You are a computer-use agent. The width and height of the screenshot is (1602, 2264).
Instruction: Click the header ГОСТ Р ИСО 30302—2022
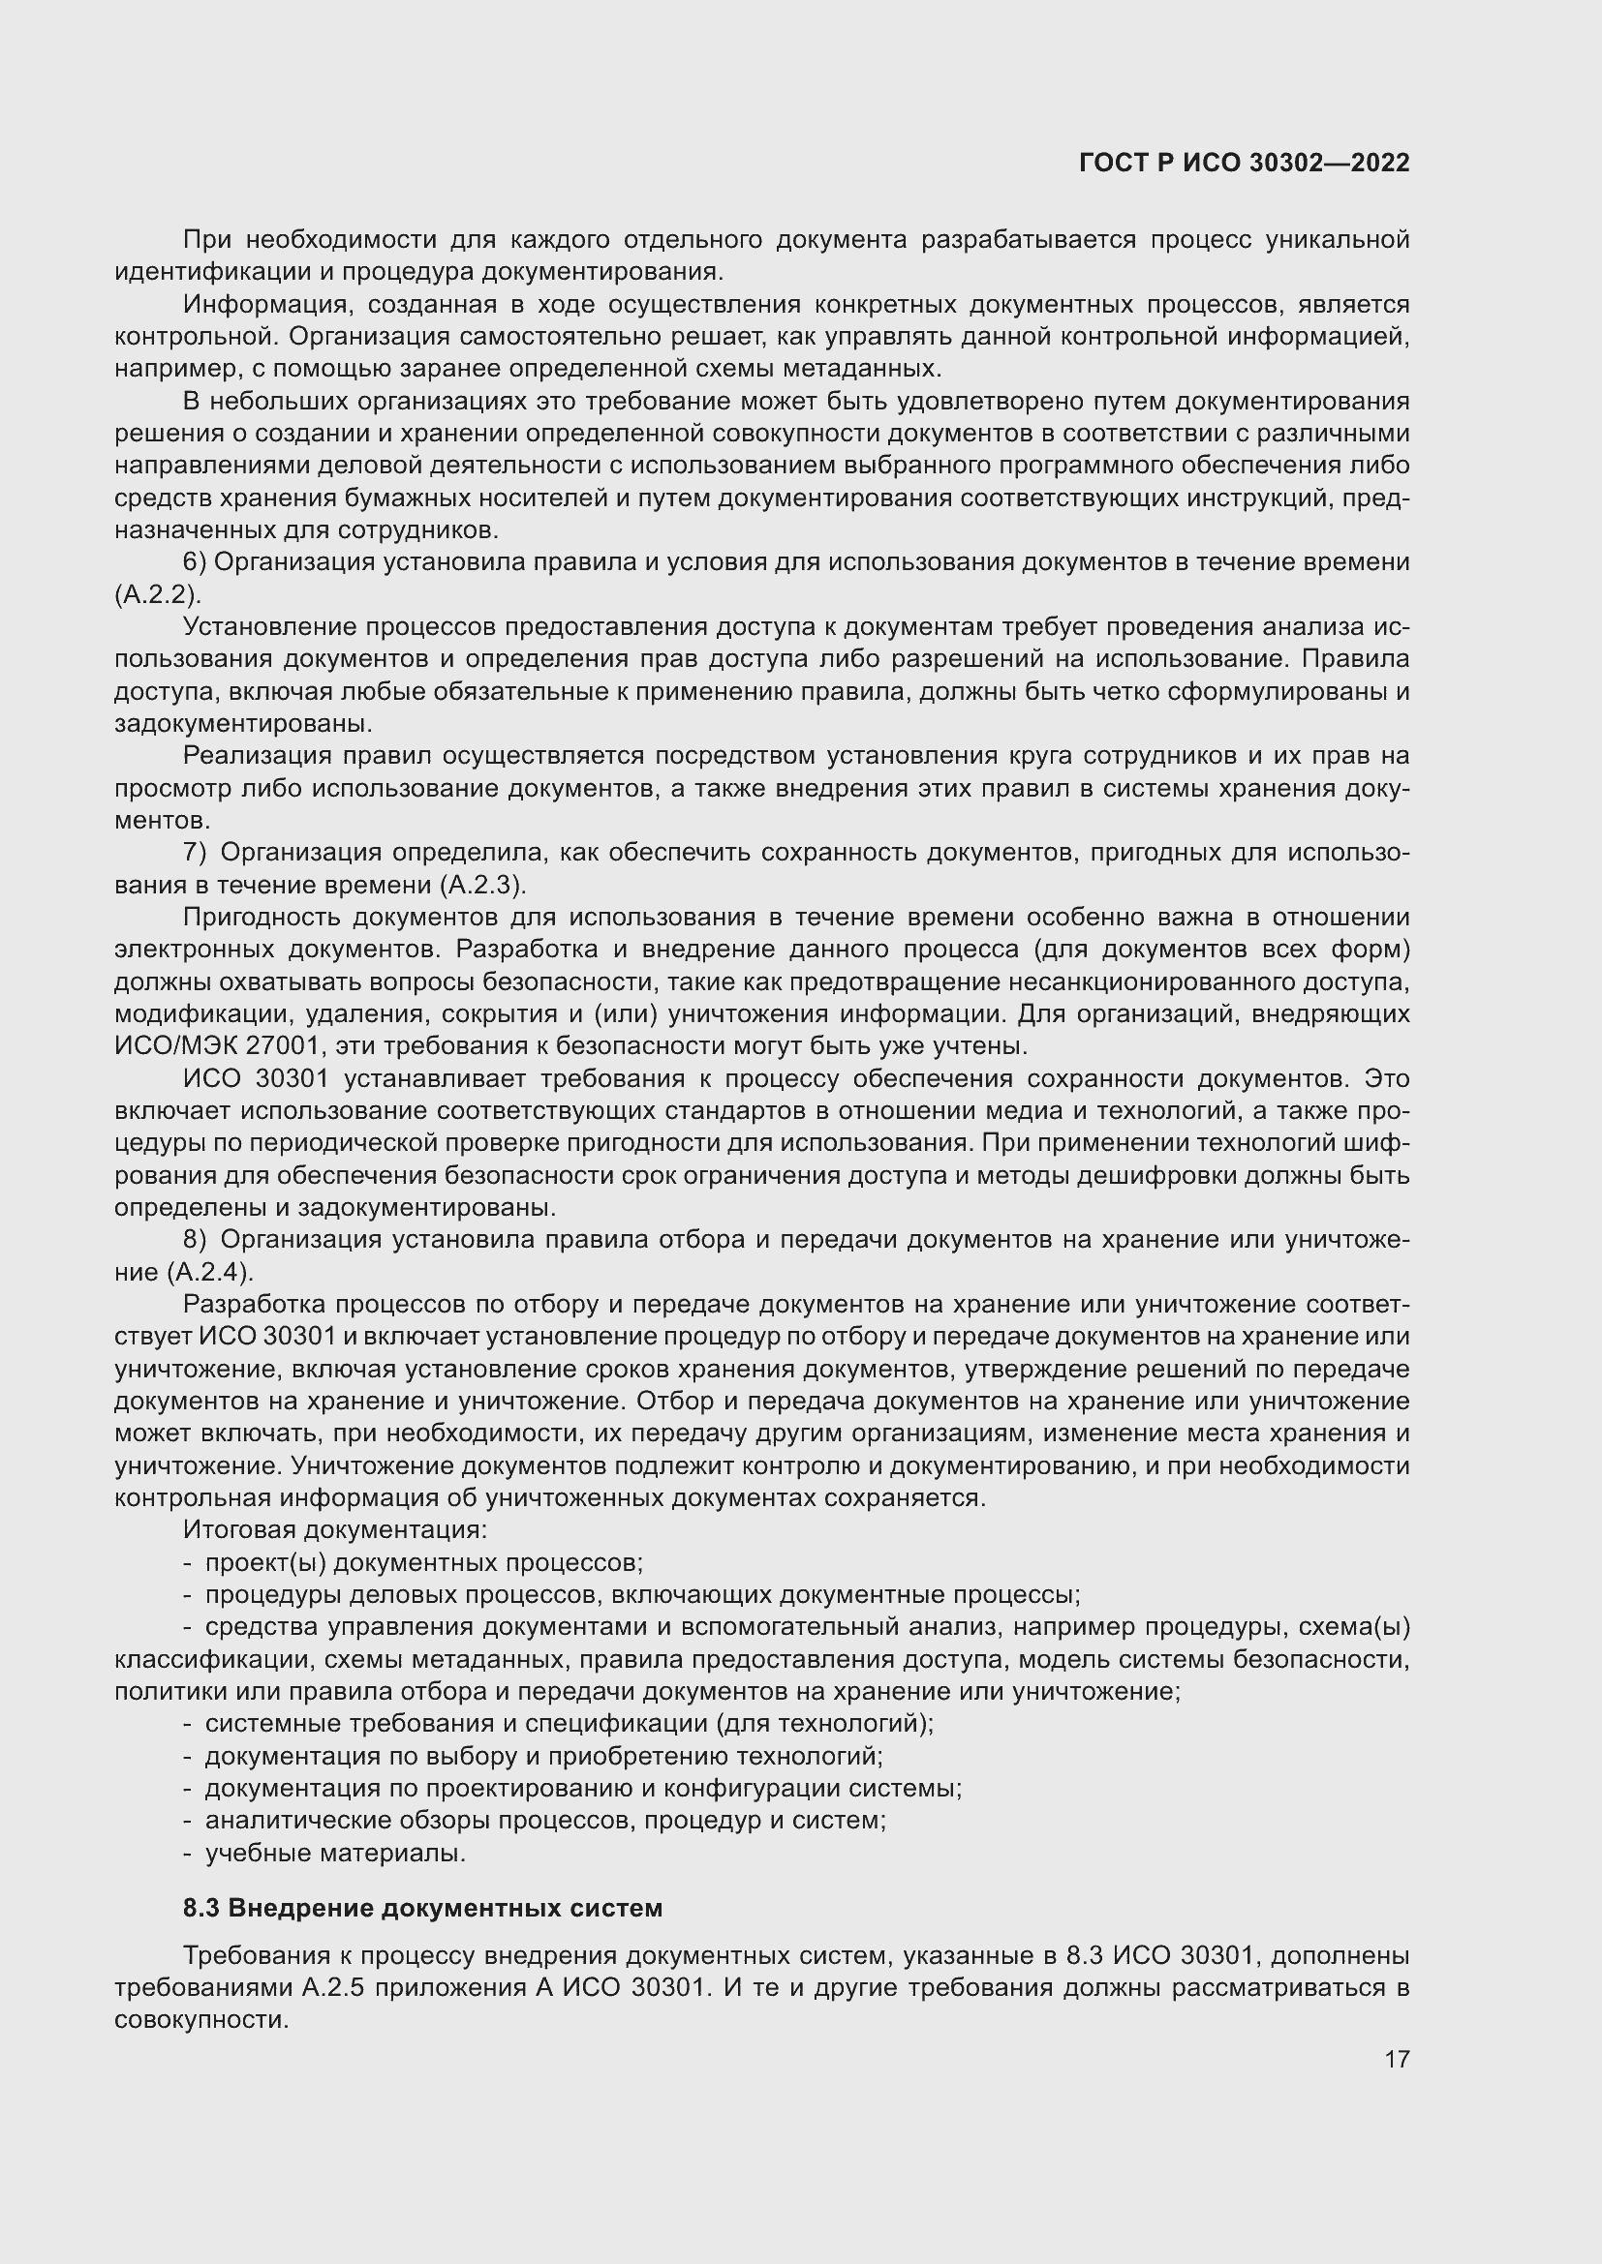[1244, 164]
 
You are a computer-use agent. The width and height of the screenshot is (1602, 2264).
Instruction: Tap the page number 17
[1396, 2059]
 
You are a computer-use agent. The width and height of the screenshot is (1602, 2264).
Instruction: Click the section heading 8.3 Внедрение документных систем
[422, 1908]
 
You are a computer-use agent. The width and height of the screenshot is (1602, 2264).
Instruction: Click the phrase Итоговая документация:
[335, 1530]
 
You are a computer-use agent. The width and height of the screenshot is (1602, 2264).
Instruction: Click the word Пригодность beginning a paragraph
[261, 917]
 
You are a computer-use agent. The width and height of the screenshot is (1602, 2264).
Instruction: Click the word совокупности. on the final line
[201, 2019]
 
